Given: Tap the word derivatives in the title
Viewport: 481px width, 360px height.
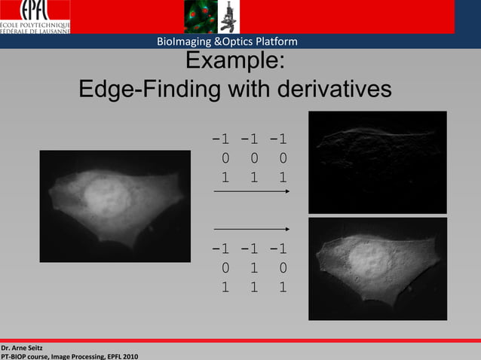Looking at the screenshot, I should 329,90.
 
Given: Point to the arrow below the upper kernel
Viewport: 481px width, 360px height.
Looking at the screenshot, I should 252,192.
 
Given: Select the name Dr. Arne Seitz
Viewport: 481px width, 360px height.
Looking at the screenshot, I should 22,347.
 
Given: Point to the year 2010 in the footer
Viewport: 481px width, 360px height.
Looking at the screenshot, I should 128,355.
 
